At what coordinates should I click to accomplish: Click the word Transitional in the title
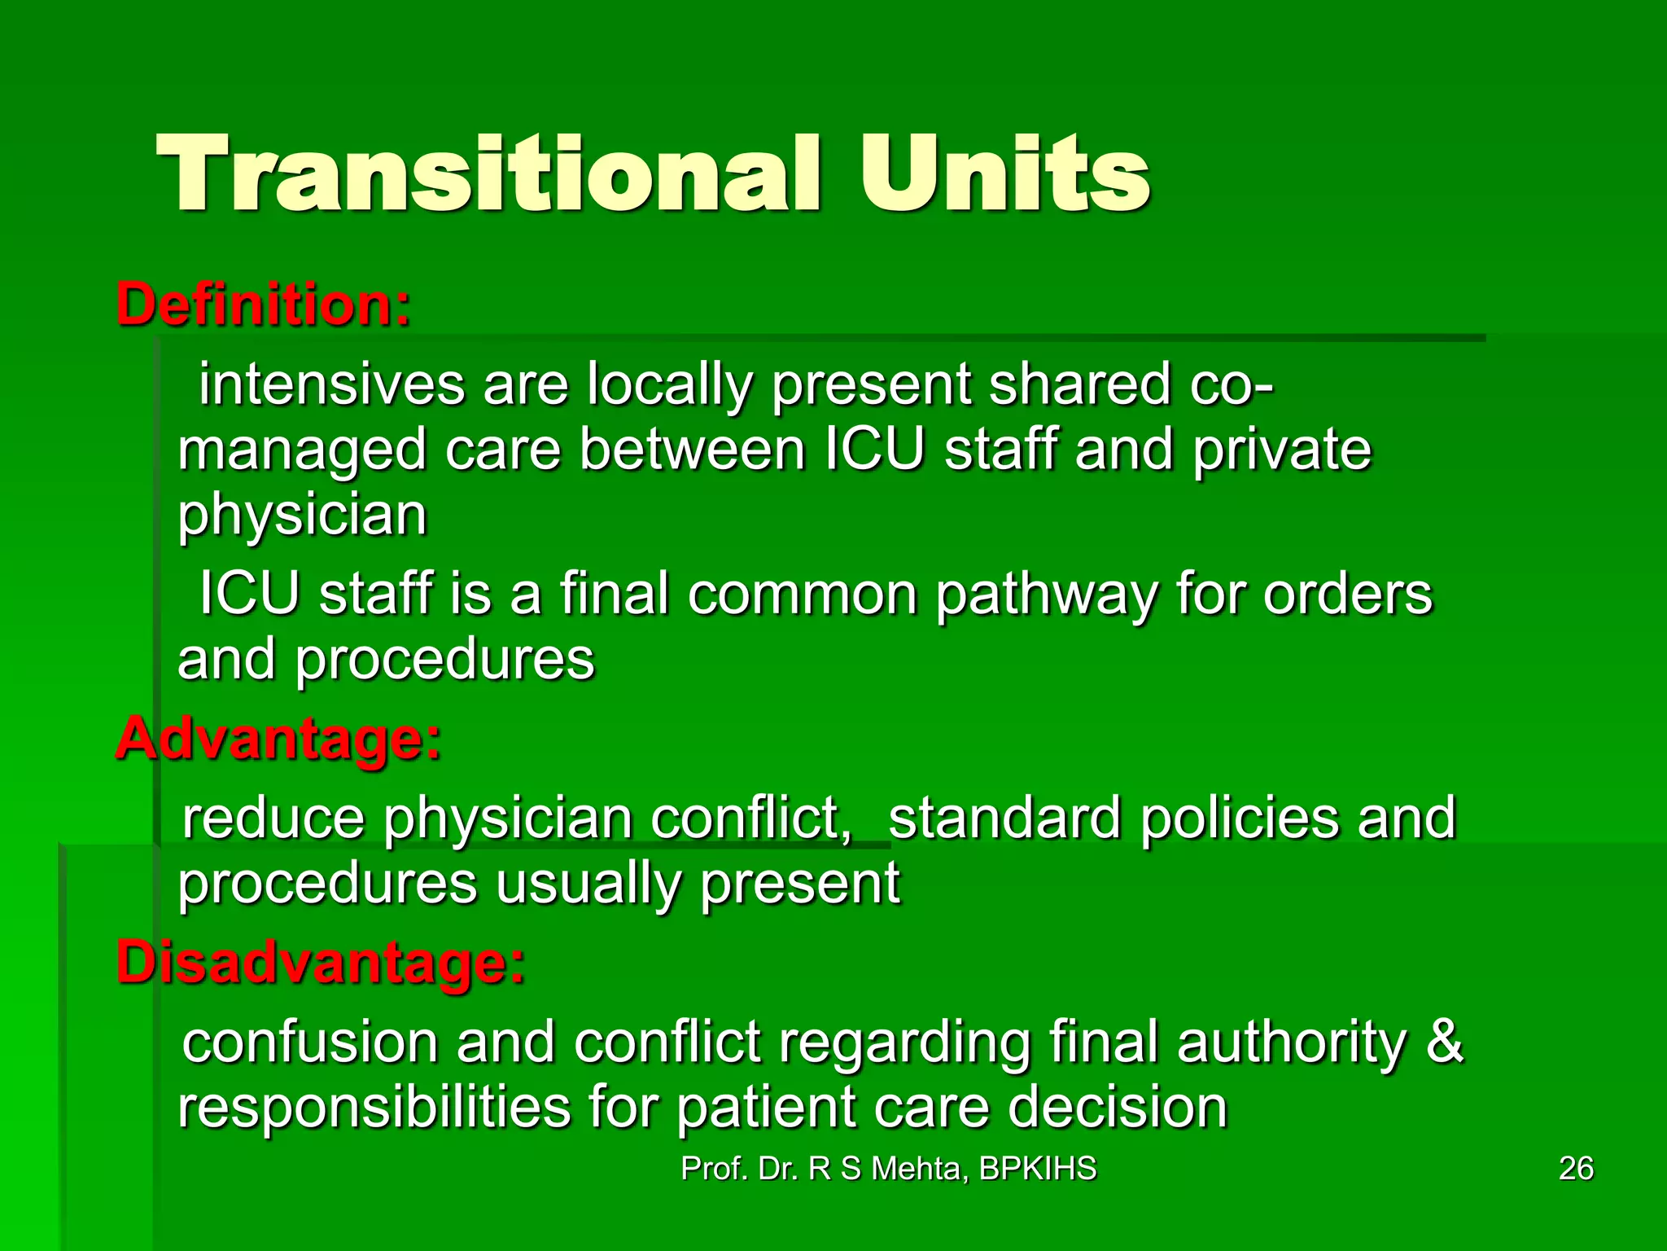pyautogui.click(x=488, y=175)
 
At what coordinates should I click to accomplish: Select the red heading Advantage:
pyautogui.click(x=278, y=740)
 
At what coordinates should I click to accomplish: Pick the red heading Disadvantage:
pyautogui.click(x=321, y=963)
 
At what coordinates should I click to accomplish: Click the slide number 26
pyautogui.click(x=1576, y=1169)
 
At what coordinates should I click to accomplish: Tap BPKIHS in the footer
pyautogui.click(x=1037, y=1169)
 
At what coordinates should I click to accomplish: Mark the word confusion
pyautogui.click(x=310, y=1042)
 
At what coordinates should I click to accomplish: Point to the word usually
pyautogui.click(x=588, y=884)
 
